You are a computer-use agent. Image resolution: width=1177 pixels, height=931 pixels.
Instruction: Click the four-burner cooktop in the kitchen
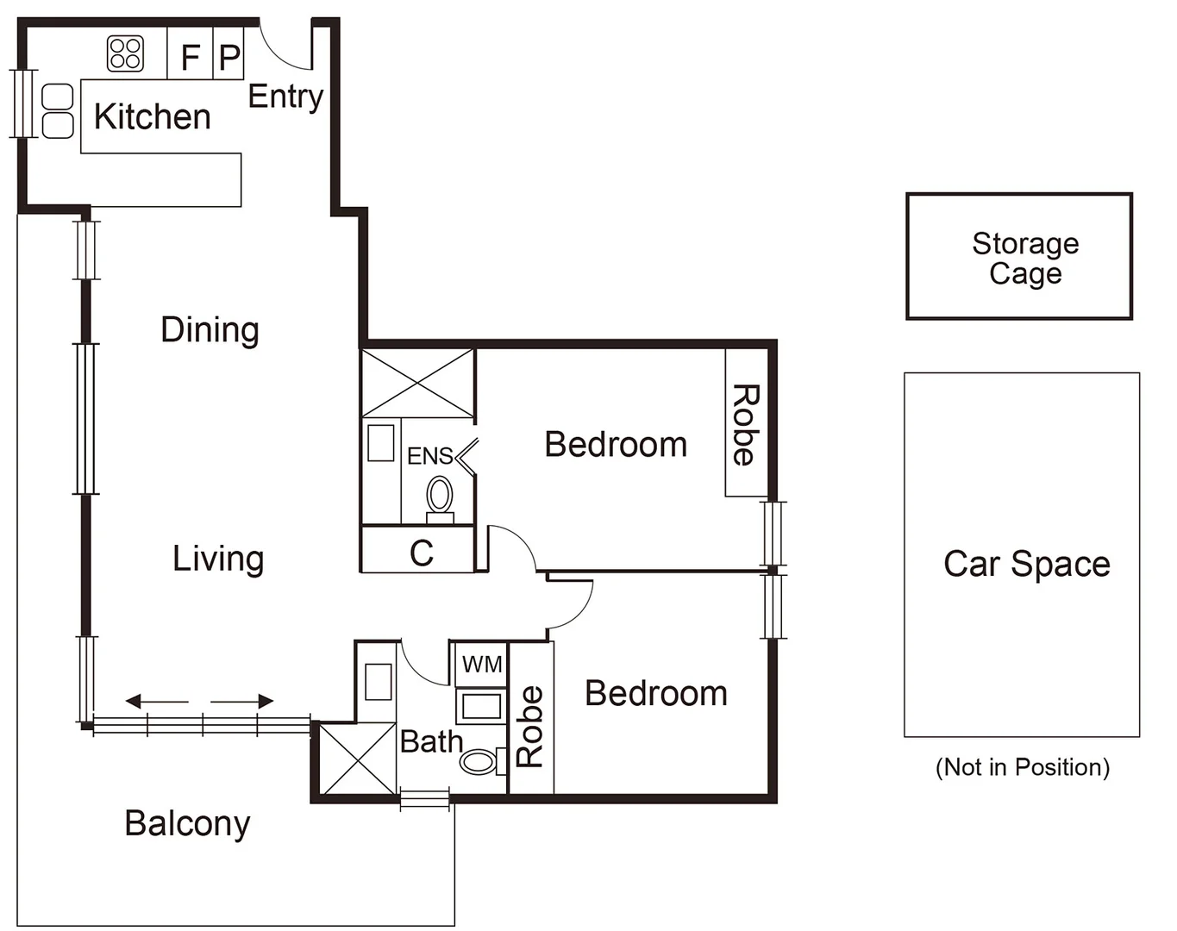pyautogui.click(x=125, y=53)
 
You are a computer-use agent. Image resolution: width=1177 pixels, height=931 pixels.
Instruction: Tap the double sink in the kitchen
pyautogui.click(x=58, y=111)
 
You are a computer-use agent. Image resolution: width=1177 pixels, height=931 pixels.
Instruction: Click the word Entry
pyautogui.click(x=285, y=97)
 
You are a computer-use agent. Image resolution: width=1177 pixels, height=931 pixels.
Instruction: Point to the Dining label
pyautogui.click(x=210, y=330)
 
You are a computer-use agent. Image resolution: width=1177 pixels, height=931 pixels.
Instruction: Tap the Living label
pyautogui.click(x=217, y=559)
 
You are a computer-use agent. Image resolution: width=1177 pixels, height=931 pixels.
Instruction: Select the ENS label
pyautogui.click(x=429, y=456)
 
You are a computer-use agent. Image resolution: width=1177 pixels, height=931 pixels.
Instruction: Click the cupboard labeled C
pyautogui.click(x=420, y=553)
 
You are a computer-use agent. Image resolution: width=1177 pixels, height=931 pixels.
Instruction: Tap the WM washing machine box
pyautogui.click(x=481, y=665)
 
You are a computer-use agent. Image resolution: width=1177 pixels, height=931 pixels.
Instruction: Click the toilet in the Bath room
pyautogui.click(x=480, y=762)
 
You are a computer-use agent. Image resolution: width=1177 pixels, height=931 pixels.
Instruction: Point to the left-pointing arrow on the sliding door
pyautogui.click(x=156, y=701)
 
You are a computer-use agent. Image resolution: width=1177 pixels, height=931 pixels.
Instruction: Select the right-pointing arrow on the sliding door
pyautogui.click(x=243, y=701)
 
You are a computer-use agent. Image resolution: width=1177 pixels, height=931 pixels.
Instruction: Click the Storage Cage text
pyautogui.click(x=1024, y=258)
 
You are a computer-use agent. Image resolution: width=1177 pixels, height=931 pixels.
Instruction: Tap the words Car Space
pyautogui.click(x=1026, y=564)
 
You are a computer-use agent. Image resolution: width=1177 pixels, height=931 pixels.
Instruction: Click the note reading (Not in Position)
pyautogui.click(x=1022, y=767)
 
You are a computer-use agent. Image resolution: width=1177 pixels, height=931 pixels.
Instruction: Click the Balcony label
pyautogui.click(x=187, y=823)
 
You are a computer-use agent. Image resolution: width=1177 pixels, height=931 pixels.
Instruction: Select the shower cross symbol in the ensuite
pyautogui.click(x=417, y=384)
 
